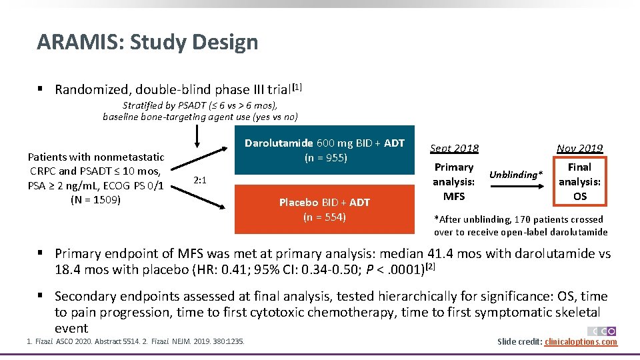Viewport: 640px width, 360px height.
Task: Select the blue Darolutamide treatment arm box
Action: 325,150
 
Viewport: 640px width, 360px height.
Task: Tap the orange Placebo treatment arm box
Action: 325,209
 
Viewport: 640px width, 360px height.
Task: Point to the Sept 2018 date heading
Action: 454,149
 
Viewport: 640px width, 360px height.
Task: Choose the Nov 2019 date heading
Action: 580,149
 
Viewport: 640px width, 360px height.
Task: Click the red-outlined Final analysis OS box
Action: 580,181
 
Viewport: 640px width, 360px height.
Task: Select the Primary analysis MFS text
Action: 453,181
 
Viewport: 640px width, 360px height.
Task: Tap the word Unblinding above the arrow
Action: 515,175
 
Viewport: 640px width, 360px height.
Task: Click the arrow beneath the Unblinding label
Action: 517,189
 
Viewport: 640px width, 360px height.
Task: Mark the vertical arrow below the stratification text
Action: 197,135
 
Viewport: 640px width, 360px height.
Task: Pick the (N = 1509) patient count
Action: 95,199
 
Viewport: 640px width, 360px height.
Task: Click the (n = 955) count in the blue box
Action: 325,158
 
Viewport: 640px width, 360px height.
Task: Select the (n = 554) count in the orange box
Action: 325,217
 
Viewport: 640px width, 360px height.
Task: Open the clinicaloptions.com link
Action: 581,342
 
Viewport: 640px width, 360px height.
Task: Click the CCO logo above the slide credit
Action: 601,331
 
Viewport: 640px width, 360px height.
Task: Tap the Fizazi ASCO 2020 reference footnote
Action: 81,342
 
